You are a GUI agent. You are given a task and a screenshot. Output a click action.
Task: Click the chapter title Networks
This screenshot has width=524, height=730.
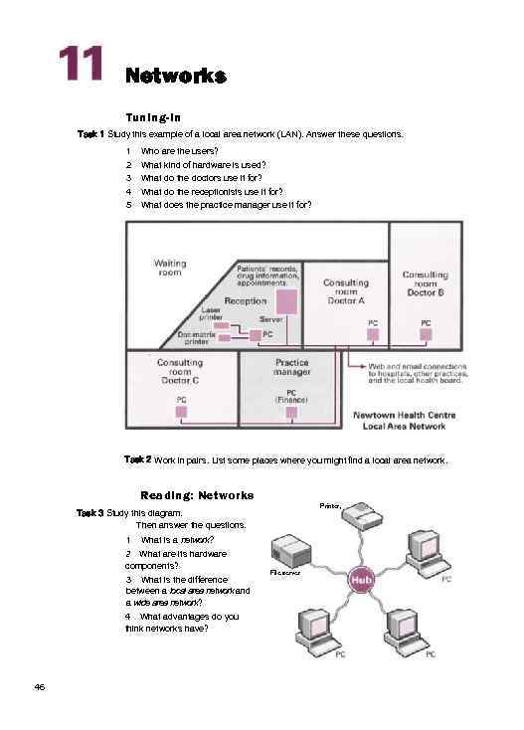pyautogui.click(x=176, y=76)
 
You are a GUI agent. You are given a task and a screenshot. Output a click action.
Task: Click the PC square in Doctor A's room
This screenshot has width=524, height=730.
pyautogui.click(x=373, y=336)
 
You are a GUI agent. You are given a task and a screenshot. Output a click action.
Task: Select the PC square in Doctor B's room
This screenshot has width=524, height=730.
pyautogui.click(x=425, y=336)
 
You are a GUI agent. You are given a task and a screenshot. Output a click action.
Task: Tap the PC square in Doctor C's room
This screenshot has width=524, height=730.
pyautogui.click(x=181, y=411)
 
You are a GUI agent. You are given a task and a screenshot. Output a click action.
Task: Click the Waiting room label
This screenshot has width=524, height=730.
pyautogui.click(x=170, y=268)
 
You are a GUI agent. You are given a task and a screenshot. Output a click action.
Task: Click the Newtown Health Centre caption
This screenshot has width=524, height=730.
pyautogui.click(x=400, y=421)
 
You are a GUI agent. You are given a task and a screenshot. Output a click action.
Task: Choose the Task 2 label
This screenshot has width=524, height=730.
pyautogui.click(x=137, y=459)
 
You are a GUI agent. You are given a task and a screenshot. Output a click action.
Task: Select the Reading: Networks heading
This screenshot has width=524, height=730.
pyautogui.click(x=197, y=494)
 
